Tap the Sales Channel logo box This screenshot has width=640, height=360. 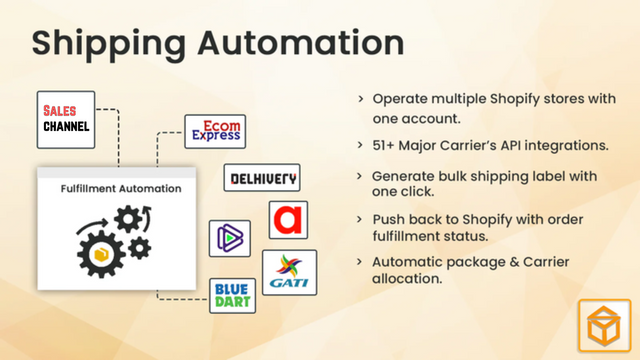tap(66, 117)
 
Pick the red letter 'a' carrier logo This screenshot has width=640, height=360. tap(288, 220)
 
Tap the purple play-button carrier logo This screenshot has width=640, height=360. tap(229, 238)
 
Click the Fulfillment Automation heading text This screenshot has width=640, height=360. tap(121, 187)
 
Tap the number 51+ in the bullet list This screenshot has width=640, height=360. tap(386, 146)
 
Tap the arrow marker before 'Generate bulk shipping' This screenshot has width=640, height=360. tap(360, 176)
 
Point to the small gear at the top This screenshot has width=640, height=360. tap(128, 217)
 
